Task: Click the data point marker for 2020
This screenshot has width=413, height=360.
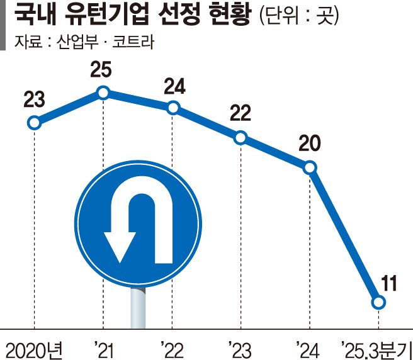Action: coord(35,123)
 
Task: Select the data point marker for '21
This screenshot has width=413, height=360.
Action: coord(104,94)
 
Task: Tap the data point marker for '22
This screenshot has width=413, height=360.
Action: coord(173,108)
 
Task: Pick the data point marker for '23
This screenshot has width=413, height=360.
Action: coord(240,138)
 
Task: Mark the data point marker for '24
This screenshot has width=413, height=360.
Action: coord(310,168)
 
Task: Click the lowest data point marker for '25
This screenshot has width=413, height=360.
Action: coord(378,303)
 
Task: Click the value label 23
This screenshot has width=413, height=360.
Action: coord(34,99)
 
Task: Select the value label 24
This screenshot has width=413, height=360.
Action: coord(174,86)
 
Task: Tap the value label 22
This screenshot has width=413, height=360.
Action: coord(240,114)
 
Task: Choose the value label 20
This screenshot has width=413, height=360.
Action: coord(309,144)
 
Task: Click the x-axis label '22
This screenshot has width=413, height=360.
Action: coord(171,347)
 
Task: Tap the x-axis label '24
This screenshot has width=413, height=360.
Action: coord(308,347)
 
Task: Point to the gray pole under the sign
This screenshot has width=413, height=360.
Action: coord(137,308)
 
